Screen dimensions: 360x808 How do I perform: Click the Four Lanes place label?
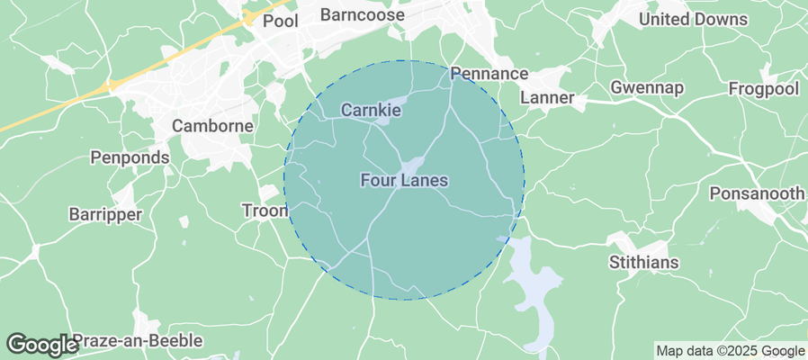point(404,181)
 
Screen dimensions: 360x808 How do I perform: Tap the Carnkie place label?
point(370,110)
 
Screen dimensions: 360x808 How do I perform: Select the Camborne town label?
point(212,126)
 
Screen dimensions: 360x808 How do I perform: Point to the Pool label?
point(280,21)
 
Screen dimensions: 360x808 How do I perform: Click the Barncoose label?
point(363,15)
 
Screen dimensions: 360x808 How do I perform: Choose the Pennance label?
point(489,73)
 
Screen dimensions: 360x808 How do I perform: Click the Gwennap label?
point(647,87)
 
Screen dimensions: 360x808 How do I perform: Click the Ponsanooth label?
point(758,193)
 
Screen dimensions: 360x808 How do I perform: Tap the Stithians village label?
point(643,263)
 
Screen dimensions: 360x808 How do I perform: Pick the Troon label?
point(265,211)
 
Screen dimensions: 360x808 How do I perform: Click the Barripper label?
point(105,214)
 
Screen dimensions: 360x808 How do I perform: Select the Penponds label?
point(130,157)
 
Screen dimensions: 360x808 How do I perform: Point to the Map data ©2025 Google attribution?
point(730,351)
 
